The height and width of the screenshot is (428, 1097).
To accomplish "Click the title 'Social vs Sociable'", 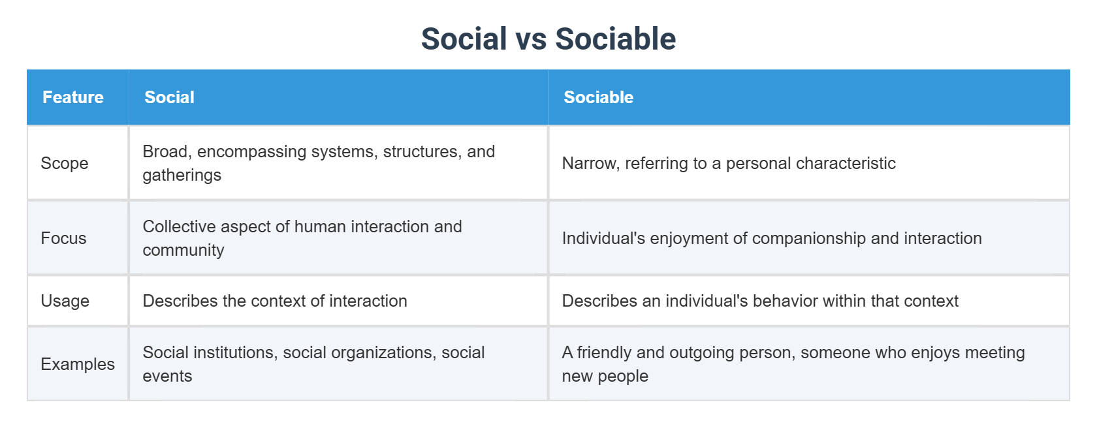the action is click(548, 38).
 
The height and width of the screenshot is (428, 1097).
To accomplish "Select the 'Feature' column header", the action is click(73, 97).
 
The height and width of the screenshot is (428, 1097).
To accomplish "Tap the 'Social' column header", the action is click(170, 97).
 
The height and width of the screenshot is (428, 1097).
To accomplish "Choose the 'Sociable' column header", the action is click(598, 97).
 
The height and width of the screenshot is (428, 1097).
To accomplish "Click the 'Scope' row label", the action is click(65, 163).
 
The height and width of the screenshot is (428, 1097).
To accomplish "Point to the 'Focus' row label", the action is click(64, 238).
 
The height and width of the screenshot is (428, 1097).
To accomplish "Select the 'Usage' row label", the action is click(65, 301).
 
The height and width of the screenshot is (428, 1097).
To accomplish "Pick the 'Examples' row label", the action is click(78, 365).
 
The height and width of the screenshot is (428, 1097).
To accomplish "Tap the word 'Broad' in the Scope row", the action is click(167, 151).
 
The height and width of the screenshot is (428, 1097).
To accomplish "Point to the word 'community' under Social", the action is click(183, 251).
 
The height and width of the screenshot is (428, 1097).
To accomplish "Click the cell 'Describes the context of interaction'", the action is click(276, 301).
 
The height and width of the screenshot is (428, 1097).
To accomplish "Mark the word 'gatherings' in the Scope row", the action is click(182, 176).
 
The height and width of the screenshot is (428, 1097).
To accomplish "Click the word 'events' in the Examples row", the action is click(167, 376).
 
